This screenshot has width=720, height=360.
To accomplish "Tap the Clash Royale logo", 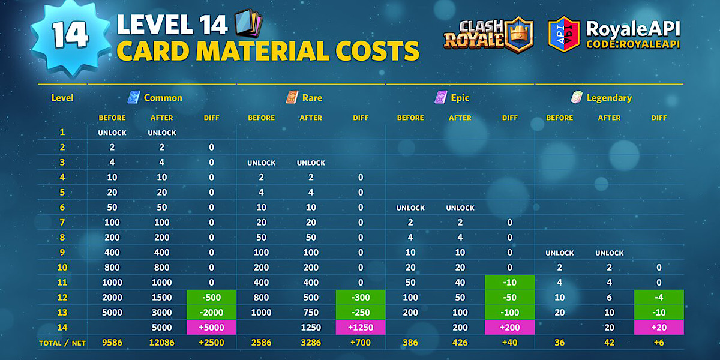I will coord(490,34).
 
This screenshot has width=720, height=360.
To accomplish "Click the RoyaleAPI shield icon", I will coord(563,34).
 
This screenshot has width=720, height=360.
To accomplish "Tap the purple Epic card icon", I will coord(441,97).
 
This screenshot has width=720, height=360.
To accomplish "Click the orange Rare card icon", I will coord(292,97).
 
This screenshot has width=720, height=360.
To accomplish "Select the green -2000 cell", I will coord(211,313).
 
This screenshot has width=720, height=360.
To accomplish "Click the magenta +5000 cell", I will coord(211,328).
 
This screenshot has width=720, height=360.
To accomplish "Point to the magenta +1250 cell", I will coord(361,328).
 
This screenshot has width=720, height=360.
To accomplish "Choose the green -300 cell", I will coord(361,298).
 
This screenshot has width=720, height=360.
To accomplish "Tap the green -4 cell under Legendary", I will coord(658,298).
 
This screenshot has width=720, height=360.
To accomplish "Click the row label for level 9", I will coord(62,253).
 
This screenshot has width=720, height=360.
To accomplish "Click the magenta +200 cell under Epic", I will coord(509,328).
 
